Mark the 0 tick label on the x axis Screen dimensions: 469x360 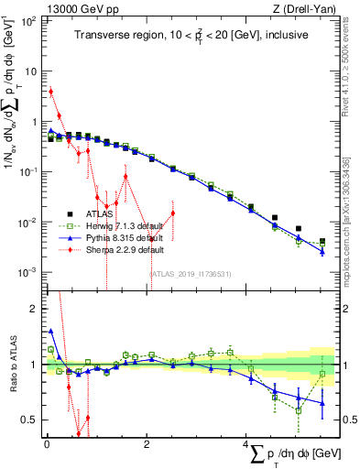46,445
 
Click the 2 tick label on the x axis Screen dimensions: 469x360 147,445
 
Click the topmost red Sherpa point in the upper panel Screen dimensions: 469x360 51,92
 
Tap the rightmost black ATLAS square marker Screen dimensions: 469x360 322,242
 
